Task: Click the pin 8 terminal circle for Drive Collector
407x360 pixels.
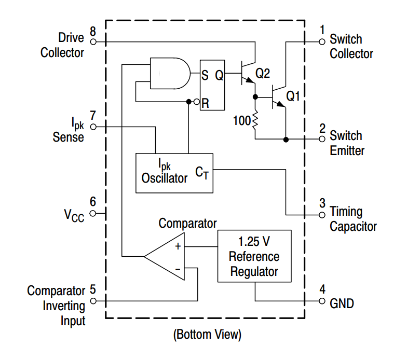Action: tap(93, 41)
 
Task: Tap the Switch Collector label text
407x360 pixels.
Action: tap(351, 46)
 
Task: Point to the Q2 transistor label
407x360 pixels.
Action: tap(263, 74)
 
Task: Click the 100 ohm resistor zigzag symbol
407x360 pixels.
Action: tap(255, 121)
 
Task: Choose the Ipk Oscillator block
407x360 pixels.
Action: tap(174, 173)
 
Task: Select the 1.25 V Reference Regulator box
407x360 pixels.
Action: tap(254, 256)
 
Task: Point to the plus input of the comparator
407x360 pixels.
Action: tap(178, 246)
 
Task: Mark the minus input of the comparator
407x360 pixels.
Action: tap(178, 269)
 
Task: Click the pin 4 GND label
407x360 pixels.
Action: tap(342, 303)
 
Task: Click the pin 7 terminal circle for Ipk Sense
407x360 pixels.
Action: tap(93, 126)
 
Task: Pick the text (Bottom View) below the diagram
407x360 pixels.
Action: tap(207, 335)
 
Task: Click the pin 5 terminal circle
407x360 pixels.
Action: tap(93, 300)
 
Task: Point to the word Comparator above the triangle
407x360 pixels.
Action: tap(187, 224)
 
